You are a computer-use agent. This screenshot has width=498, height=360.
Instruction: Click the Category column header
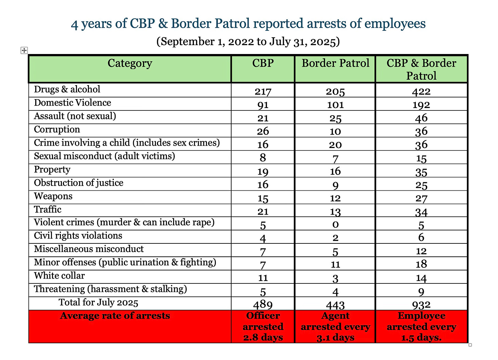click(x=130, y=64)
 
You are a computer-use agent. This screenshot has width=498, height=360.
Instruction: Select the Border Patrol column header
click(x=335, y=64)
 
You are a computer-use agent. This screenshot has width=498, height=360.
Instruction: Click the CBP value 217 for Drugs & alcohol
click(x=263, y=92)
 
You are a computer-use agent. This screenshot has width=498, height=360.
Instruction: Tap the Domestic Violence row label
click(x=73, y=103)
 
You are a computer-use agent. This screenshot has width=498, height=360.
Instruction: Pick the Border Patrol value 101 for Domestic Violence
click(x=335, y=105)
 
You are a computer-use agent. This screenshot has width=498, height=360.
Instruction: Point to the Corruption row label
click(x=57, y=130)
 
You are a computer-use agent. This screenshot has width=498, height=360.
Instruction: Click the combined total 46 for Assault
click(x=421, y=118)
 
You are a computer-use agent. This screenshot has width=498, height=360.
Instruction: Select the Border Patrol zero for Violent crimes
click(x=335, y=225)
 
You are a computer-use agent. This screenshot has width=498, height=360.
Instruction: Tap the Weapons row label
click(x=53, y=196)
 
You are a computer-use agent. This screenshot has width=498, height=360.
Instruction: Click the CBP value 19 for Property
click(x=263, y=172)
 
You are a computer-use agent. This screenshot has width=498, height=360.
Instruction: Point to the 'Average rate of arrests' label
click(x=115, y=316)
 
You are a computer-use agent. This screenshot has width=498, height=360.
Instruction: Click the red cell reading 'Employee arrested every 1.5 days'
click(x=421, y=326)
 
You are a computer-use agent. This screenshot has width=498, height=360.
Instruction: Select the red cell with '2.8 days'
click(x=263, y=326)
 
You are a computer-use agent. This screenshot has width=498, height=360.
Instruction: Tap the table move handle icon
click(x=24, y=51)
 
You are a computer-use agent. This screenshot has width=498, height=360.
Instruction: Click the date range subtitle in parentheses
click(x=248, y=42)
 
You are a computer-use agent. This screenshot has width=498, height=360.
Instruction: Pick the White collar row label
click(x=59, y=276)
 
